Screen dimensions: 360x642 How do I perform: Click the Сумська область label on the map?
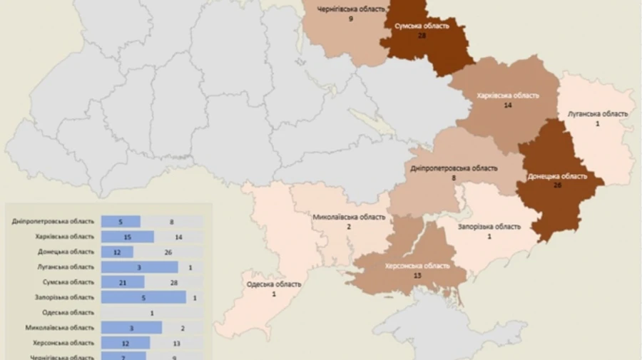pos(422,26)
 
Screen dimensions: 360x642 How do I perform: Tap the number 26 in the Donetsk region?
pos(558,185)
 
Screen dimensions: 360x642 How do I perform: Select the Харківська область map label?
pos(508,95)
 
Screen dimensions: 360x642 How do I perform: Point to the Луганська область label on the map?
pos(598,113)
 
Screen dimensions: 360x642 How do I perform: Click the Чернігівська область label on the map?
pos(352,9)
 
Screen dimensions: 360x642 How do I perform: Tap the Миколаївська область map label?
pos(349,217)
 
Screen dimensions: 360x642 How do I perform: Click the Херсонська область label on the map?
pos(418,266)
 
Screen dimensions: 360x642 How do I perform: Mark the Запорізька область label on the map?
pos(489,227)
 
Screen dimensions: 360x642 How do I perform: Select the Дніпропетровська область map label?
pos(454,168)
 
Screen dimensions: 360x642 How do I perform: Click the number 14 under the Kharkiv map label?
pos(508,105)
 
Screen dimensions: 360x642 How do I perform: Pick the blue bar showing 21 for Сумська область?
pos(123,282)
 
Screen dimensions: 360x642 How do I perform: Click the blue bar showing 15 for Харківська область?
pos(128,237)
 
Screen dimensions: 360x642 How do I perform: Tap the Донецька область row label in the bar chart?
pos(66,252)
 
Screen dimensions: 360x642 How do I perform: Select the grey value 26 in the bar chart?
pos(167,252)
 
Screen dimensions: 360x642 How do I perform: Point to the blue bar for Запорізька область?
pos(143,297)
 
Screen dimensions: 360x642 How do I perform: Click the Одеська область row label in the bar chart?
pos(68,312)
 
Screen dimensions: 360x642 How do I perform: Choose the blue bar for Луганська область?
pos(139,267)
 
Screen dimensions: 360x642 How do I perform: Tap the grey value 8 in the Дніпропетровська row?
pos(172,222)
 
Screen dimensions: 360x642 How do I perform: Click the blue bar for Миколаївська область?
pos(131,327)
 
